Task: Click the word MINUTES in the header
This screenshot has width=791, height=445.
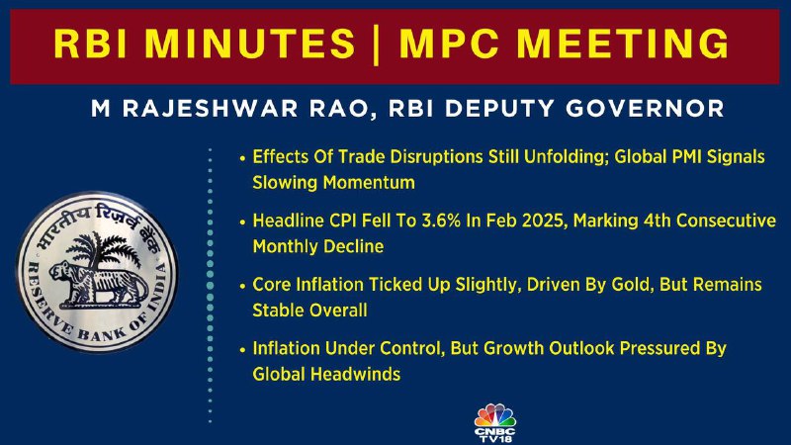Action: (250, 44)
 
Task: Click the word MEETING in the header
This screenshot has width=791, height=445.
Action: (623, 44)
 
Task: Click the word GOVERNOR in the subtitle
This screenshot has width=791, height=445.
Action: (645, 109)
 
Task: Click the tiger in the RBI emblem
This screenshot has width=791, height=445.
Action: (96, 284)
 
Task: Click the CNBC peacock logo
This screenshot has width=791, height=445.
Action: (495, 415)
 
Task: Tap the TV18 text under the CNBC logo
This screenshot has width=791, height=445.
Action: (495, 439)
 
